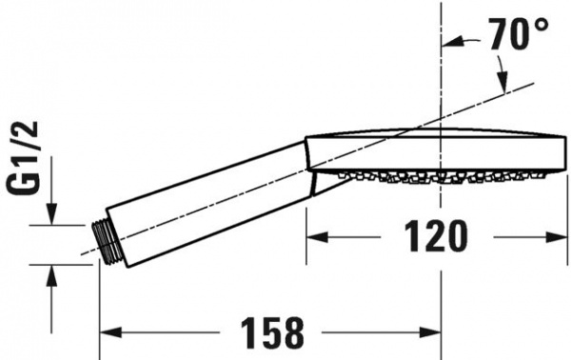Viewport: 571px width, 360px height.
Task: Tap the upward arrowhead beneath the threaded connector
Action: pos(53,271)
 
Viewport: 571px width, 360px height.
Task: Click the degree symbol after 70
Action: pos(541,24)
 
